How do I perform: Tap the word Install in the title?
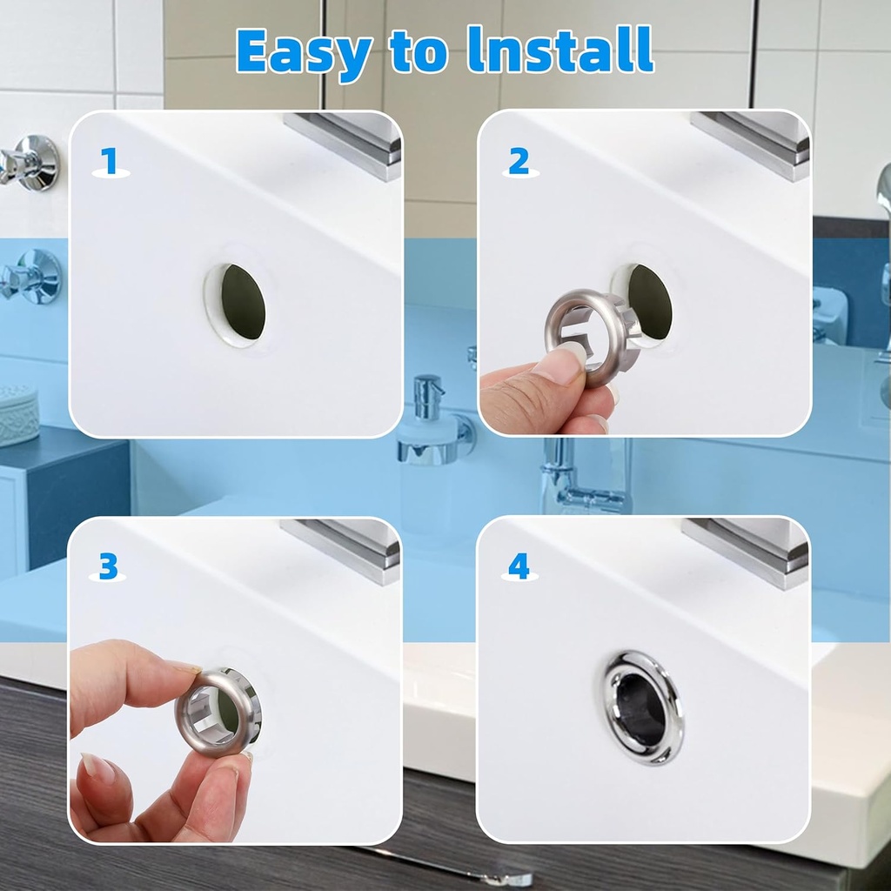click(x=560, y=50)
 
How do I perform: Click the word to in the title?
click(x=419, y=51)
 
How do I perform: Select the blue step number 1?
click(x=109, y=161)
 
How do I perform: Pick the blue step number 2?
click(x=519, y=161)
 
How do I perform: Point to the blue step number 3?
click(x=108, y=566)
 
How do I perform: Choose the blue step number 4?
click(x=519, y=566)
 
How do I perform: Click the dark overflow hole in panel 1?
click(x=244, y=301)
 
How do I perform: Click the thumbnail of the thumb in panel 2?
click(x=559, y=365)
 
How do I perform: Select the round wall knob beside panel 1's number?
click(x=31, y=162)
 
